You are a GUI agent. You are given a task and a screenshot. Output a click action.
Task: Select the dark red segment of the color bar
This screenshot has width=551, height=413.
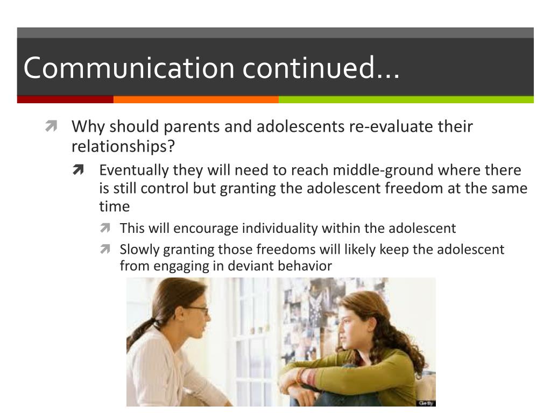65,99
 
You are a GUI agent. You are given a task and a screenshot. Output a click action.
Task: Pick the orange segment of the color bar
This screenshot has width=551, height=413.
196,99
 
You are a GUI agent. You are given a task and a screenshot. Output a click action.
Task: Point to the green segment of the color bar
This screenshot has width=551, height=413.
406,99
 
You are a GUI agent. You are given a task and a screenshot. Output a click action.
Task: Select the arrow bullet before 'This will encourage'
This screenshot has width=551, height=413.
105,229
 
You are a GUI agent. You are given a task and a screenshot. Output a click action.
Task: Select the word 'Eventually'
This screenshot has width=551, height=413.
134,170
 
